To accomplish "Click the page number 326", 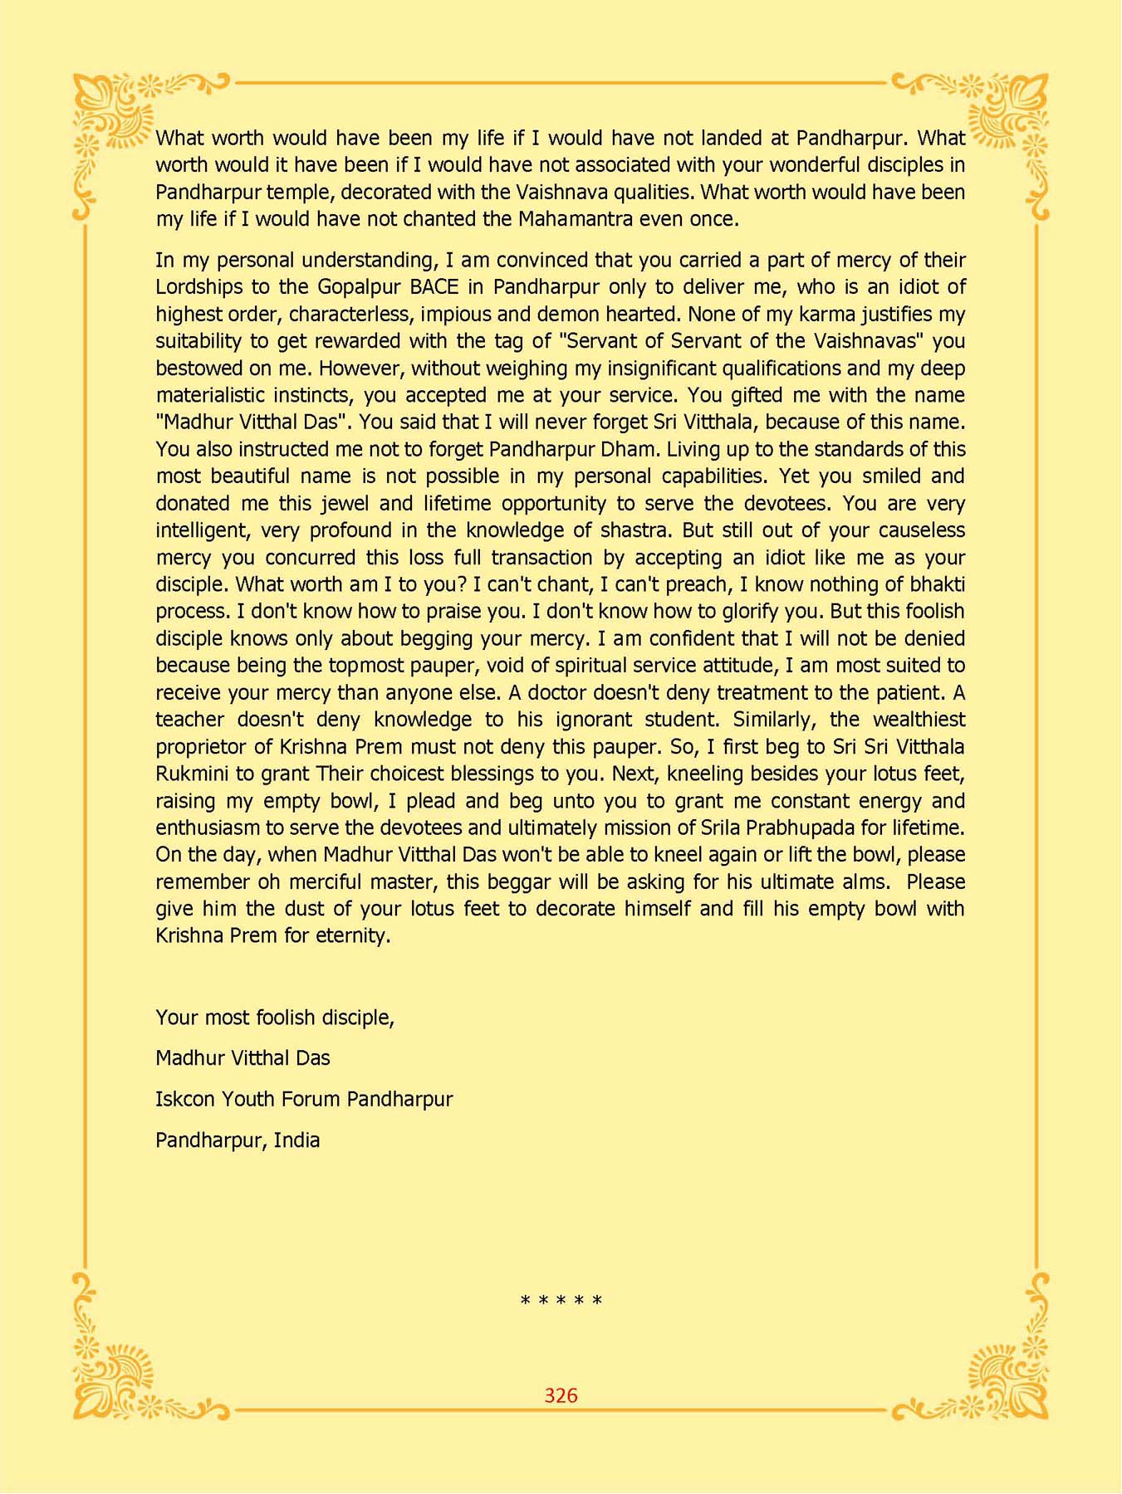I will pyautogui.click(x=561, y=1395).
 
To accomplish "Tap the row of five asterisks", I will pyautogui.click(x=561, y=1301).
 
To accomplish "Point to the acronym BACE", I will pyautogui.click(x=434, y=287).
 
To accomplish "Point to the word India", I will pyautogui.click(x=296, y=1140).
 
